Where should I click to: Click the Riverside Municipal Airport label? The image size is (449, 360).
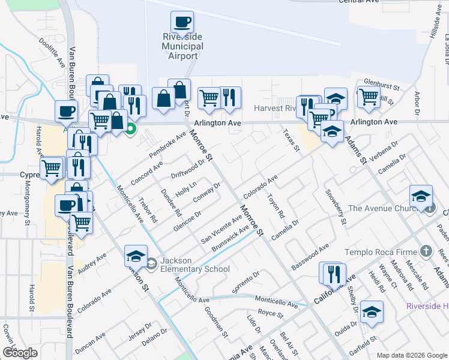182,46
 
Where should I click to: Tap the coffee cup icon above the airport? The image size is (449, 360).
182,23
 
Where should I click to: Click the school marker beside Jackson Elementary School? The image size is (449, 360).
136,256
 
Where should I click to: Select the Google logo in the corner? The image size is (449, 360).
20,353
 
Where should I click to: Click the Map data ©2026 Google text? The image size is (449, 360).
412,355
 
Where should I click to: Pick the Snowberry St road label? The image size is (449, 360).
336,208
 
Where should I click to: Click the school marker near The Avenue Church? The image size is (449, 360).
421,197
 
